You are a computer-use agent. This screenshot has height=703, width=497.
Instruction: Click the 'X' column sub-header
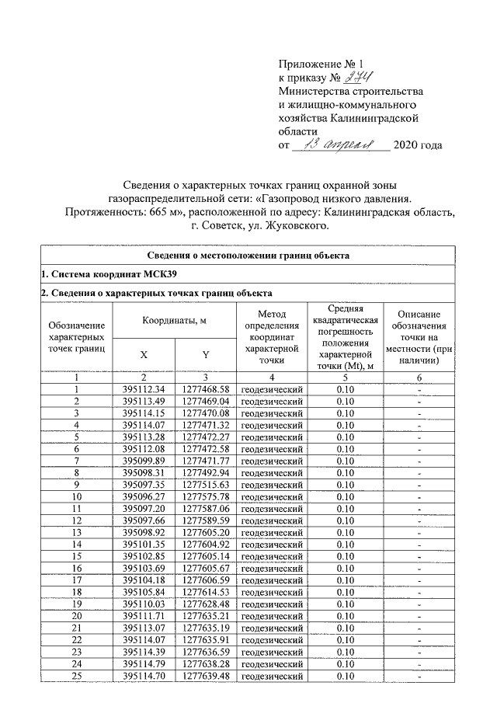point(144,354)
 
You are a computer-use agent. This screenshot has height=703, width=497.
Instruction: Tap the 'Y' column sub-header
point(206,354)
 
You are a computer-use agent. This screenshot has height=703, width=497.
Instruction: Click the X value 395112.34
point(144,388)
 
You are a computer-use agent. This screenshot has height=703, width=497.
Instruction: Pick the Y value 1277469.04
point(206,401)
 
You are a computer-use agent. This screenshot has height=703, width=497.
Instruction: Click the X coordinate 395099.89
point(144,461)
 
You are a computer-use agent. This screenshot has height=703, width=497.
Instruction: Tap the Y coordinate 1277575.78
point(206,496)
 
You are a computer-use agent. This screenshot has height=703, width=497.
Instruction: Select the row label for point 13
point(77,533)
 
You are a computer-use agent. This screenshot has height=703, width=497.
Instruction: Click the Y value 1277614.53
point(206,593)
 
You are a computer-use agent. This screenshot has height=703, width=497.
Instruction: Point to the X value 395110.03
point(144,605)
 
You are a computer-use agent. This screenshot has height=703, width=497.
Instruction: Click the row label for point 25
point(77,677)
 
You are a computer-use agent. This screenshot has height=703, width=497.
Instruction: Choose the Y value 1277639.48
point(206,677)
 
